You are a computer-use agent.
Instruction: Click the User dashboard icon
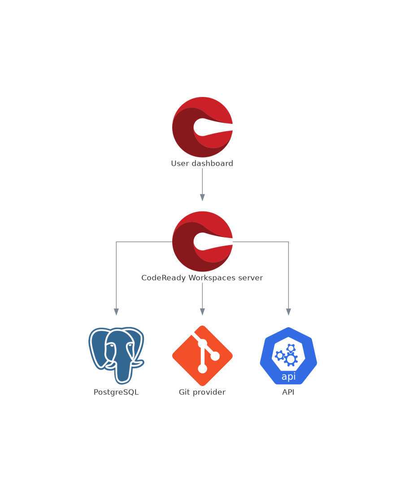point(202,127)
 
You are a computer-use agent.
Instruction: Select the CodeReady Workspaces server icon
point(202,241)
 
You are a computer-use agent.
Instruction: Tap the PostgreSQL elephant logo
point(116,355)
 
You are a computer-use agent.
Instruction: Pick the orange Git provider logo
point(202,356)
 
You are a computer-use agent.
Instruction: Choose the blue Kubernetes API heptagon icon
point(288,356)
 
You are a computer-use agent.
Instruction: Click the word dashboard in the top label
point(213,163)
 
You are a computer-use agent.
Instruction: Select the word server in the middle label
point(252,278)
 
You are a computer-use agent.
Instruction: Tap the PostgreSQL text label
point(116,392)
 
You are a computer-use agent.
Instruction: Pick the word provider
point(209,392)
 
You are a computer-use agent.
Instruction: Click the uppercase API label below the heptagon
point(288,392)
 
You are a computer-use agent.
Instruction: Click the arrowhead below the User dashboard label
point(202,197)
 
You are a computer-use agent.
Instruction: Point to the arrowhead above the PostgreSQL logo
point(116,312)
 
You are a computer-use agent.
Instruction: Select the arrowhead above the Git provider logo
point(202,312)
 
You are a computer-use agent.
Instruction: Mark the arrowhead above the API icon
point(288,312)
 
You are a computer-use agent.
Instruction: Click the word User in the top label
point(180,163)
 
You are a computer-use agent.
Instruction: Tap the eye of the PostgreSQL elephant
point(130,345)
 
